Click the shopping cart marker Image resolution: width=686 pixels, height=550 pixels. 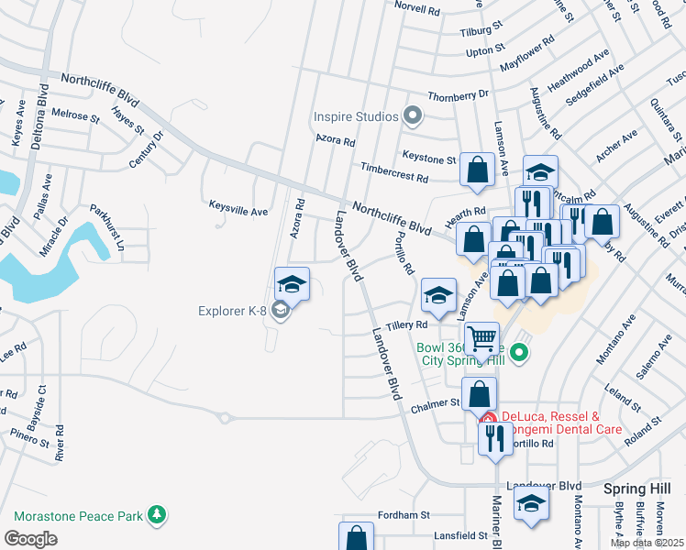tap(481, 338)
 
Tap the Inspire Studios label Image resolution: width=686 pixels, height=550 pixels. tap(356, 116)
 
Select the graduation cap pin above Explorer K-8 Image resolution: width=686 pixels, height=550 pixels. tap(292, 283)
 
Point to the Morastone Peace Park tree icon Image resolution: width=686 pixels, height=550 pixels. tap(159, 516)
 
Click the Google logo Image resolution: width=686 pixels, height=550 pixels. tap(30, 538)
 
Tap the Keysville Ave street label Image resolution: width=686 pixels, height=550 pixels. tap(238, 211)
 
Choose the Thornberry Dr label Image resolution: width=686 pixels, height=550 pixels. tap(458, 95)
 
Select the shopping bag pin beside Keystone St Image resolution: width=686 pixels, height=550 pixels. tap(477, 170)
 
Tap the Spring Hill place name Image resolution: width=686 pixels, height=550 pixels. tap(632, 489)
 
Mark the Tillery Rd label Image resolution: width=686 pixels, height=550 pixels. tap(407, 325)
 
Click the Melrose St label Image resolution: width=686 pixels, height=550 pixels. tap(76, 116)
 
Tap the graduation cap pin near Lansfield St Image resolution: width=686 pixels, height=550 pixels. tap(531, 505)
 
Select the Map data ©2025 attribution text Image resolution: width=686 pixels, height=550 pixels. tap(646, 542)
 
